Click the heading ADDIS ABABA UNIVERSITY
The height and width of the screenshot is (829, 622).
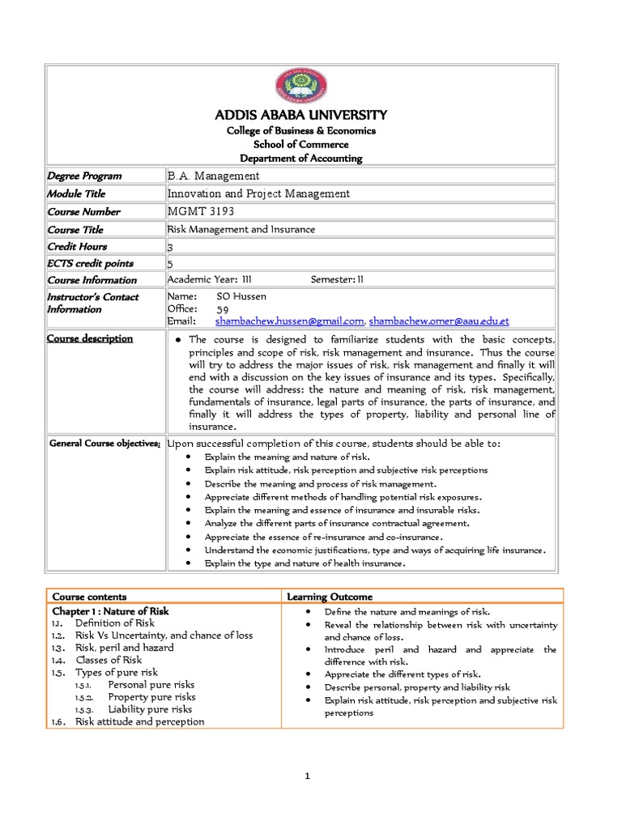(x=300, y=114)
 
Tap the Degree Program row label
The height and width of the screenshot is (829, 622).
(x=84, y=176)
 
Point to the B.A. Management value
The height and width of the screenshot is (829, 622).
(x=213, y=176)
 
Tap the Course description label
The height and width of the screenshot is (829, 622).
(x=90, y=338)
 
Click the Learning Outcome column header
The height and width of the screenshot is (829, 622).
(x=330, y=597)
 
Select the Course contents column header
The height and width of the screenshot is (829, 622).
(x=89, y=597)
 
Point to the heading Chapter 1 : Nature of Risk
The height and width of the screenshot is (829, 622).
(x=110, y=611)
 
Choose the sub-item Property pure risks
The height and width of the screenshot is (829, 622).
(x=151, y=696)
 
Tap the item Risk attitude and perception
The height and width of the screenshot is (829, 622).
(x=139, y=721)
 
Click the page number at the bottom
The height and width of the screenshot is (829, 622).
(x=308, y=776)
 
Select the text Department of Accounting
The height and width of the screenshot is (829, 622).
(x=300, y=159)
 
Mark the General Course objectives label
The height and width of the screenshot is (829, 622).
(x=104, y=444)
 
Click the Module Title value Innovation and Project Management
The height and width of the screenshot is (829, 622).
(x=258, y=193)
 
